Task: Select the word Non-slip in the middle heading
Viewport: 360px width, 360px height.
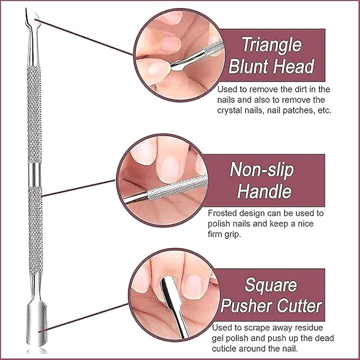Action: coord(262,170)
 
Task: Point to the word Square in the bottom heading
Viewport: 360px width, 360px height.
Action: coord(271,285)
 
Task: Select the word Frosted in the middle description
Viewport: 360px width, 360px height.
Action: coord(222,213)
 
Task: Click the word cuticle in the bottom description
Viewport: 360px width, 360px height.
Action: coord(224,348)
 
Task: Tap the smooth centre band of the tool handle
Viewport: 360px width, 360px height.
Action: coord(35,174)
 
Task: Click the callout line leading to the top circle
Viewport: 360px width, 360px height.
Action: coord(84,37)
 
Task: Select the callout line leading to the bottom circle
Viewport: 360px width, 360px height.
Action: coord(83,318)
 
